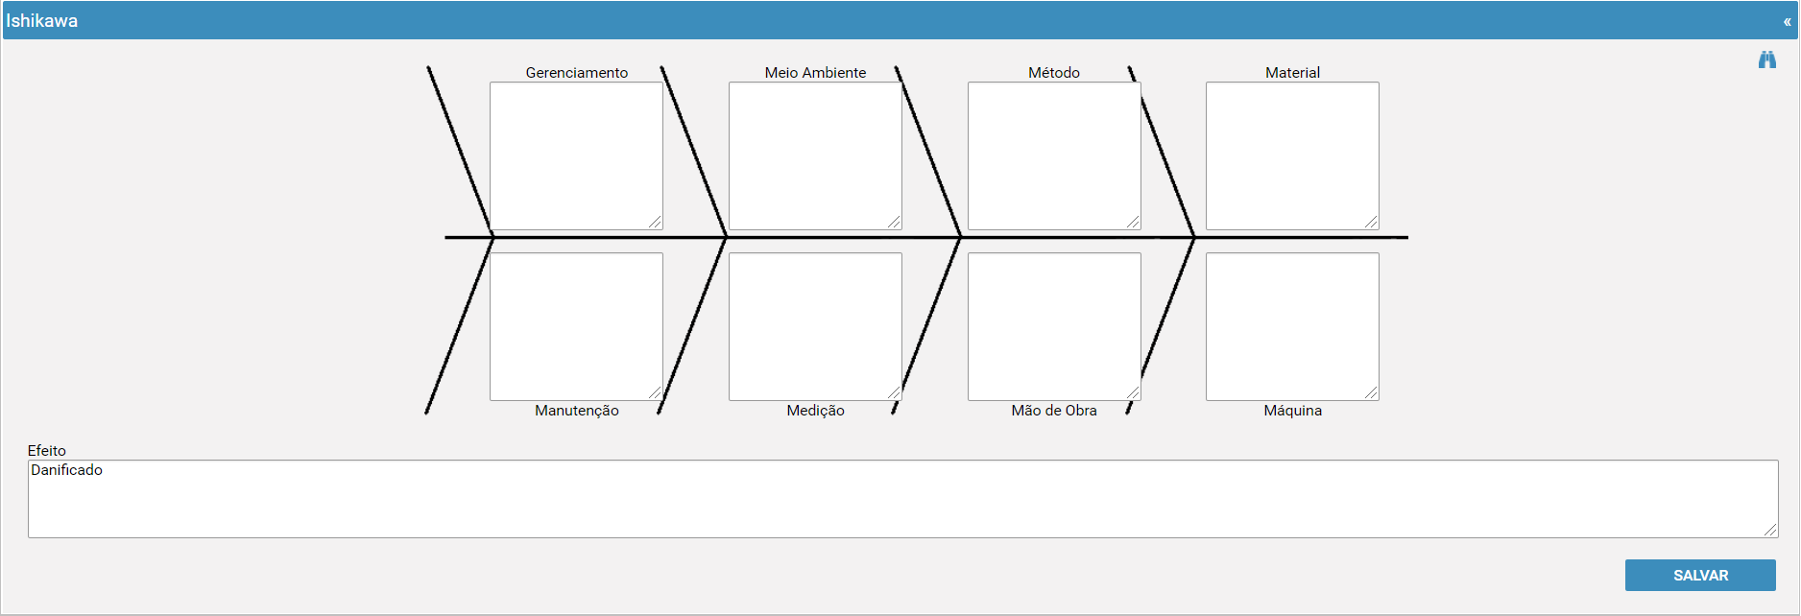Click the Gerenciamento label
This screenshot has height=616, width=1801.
point(577,73)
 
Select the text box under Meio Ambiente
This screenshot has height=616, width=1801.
point(815,155)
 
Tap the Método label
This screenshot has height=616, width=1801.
point(1054,73)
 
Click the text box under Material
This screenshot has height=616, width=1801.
point(1292,155)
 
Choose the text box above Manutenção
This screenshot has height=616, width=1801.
point(576,326)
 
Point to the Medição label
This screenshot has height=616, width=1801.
point(816,411)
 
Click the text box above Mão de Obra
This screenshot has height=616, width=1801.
point(1054,326)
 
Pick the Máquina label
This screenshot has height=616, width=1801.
point(1293,411)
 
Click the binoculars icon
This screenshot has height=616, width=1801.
point(1767,59)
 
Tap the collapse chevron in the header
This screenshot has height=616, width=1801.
point(1788,21)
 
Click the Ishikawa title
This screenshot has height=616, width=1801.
point(42,20)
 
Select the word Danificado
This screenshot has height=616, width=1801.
point(66,470)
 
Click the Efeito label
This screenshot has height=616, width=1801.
point(47,451)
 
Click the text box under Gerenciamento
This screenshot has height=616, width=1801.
point(576,155)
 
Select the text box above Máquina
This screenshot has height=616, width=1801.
point(1292,326)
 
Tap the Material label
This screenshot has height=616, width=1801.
point(1293,73)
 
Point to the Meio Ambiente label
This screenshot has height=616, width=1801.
point(816,73)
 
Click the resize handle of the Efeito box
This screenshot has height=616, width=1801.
point(1771,531)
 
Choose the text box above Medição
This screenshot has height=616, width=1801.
point(815,326)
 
